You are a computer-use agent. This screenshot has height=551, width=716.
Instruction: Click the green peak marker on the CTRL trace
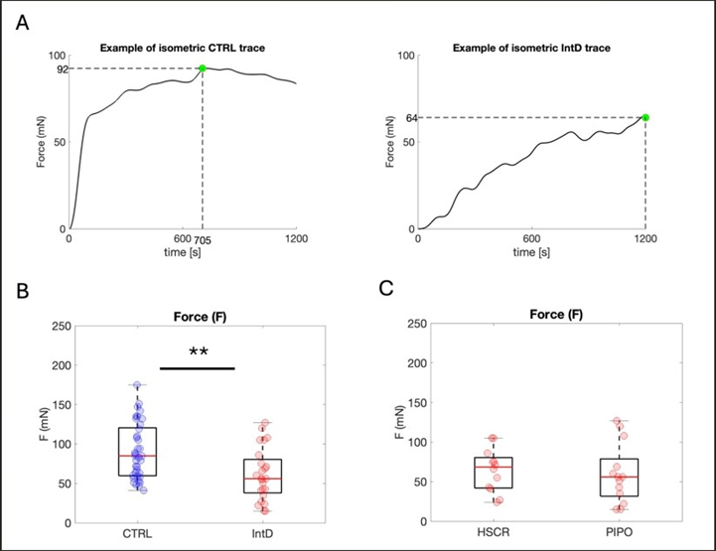[203, 69]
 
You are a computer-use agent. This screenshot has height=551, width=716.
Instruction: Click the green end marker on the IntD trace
[645, 117]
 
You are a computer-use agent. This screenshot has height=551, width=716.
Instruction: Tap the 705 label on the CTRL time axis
[204, 240]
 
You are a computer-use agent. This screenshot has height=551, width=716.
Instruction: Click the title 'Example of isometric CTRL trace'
[182, 49]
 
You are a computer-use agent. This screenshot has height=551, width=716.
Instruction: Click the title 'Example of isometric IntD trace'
[532, 49]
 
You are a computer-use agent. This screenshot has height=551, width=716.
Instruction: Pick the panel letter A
[22, 22]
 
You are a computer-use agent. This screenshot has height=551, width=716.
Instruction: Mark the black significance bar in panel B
[196, 368]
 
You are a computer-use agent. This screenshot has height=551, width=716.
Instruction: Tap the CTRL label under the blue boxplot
[137, 536]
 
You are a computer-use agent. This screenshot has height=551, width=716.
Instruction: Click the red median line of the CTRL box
[137, 456]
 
